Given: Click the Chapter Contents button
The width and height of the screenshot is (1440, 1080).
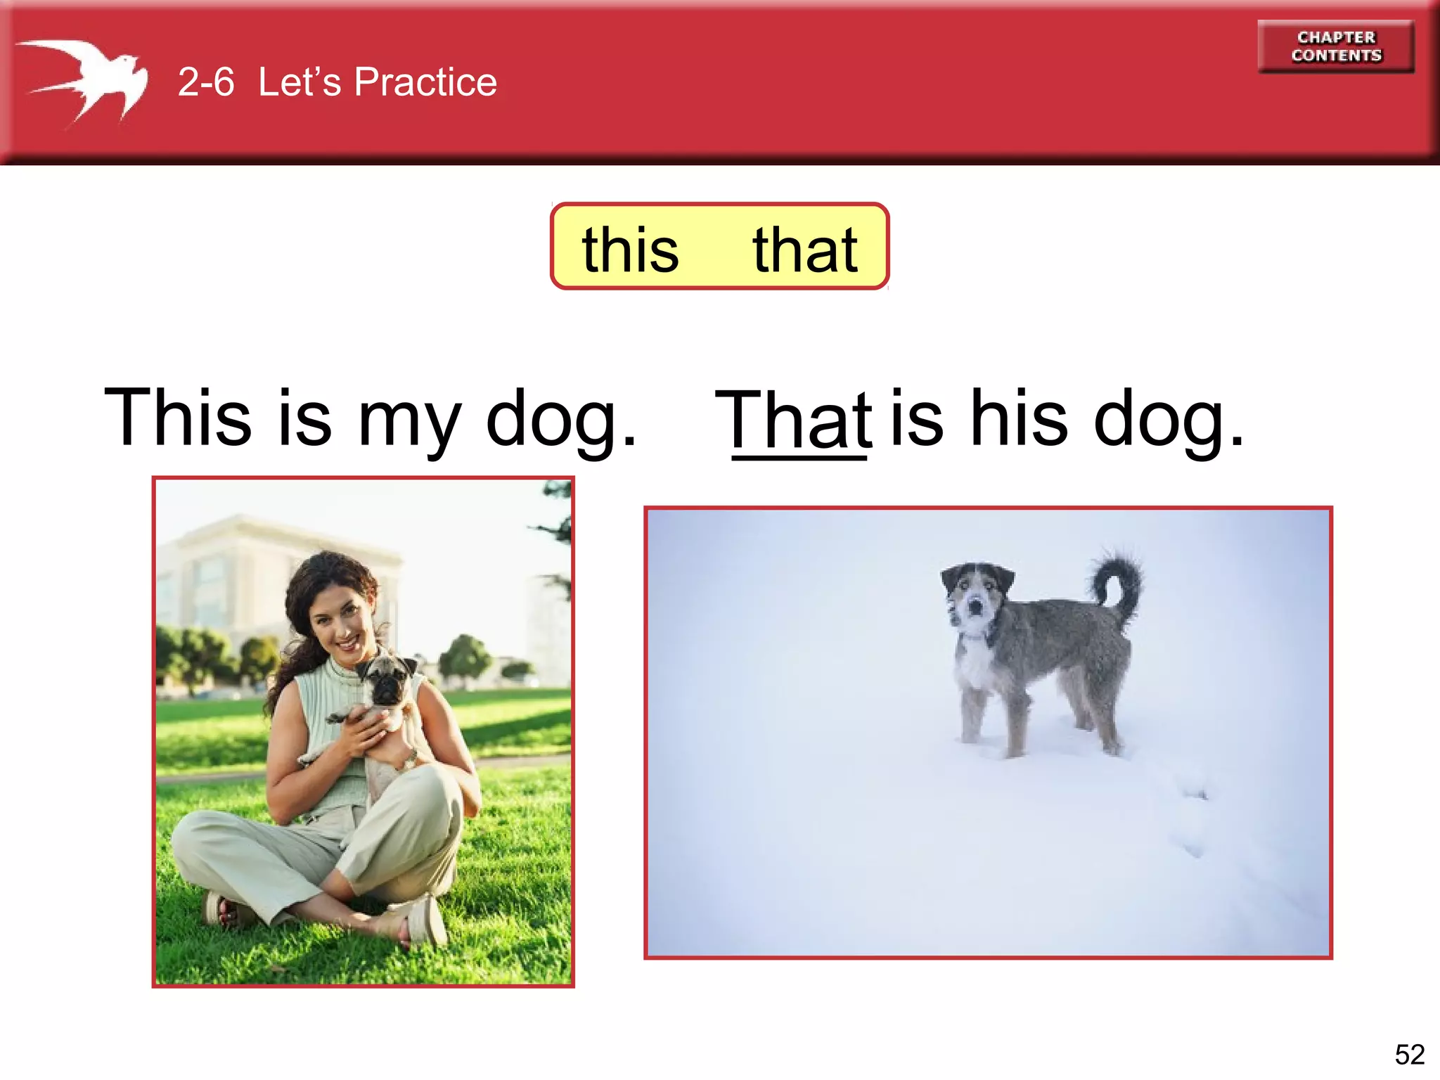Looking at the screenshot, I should click(x=1336, y=46).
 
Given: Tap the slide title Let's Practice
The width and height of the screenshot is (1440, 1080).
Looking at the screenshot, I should click(x=378, y=82).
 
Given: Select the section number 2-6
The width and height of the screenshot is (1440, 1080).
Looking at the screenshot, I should click(x=205, y=82).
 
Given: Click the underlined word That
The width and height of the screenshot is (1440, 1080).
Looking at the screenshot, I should click(x=793, y=420).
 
